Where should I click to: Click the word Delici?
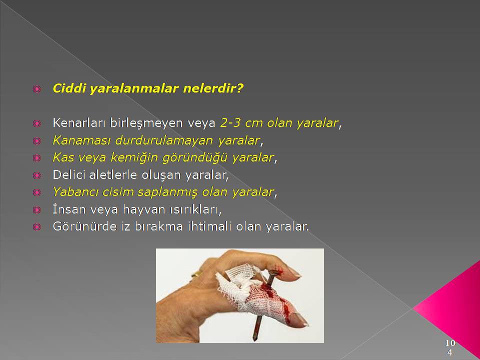tap(69, 175)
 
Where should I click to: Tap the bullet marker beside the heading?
tap(36, 89)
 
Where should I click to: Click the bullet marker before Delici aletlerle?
tap(36, 175)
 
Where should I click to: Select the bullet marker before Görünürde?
tap(36, 227)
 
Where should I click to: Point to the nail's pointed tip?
tap(254, 339)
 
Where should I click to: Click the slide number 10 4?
tap(449, 347)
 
